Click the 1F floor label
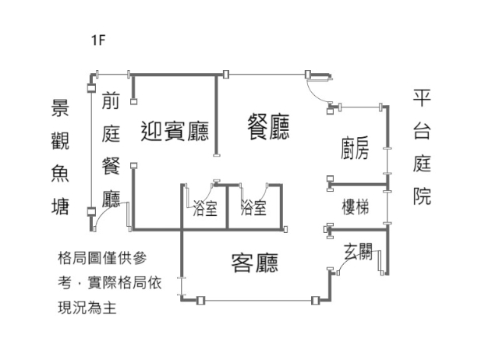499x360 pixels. (97, 40)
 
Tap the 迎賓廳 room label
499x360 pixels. (174, 130)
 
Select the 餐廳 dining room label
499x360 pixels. (268, 126)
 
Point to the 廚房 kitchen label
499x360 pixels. (355, 146)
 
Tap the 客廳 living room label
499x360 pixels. (255, 263)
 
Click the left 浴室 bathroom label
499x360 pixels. (204, 209)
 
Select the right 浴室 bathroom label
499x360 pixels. (253, 209)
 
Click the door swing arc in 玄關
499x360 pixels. (342, 266)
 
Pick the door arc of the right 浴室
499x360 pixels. (270, 191)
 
